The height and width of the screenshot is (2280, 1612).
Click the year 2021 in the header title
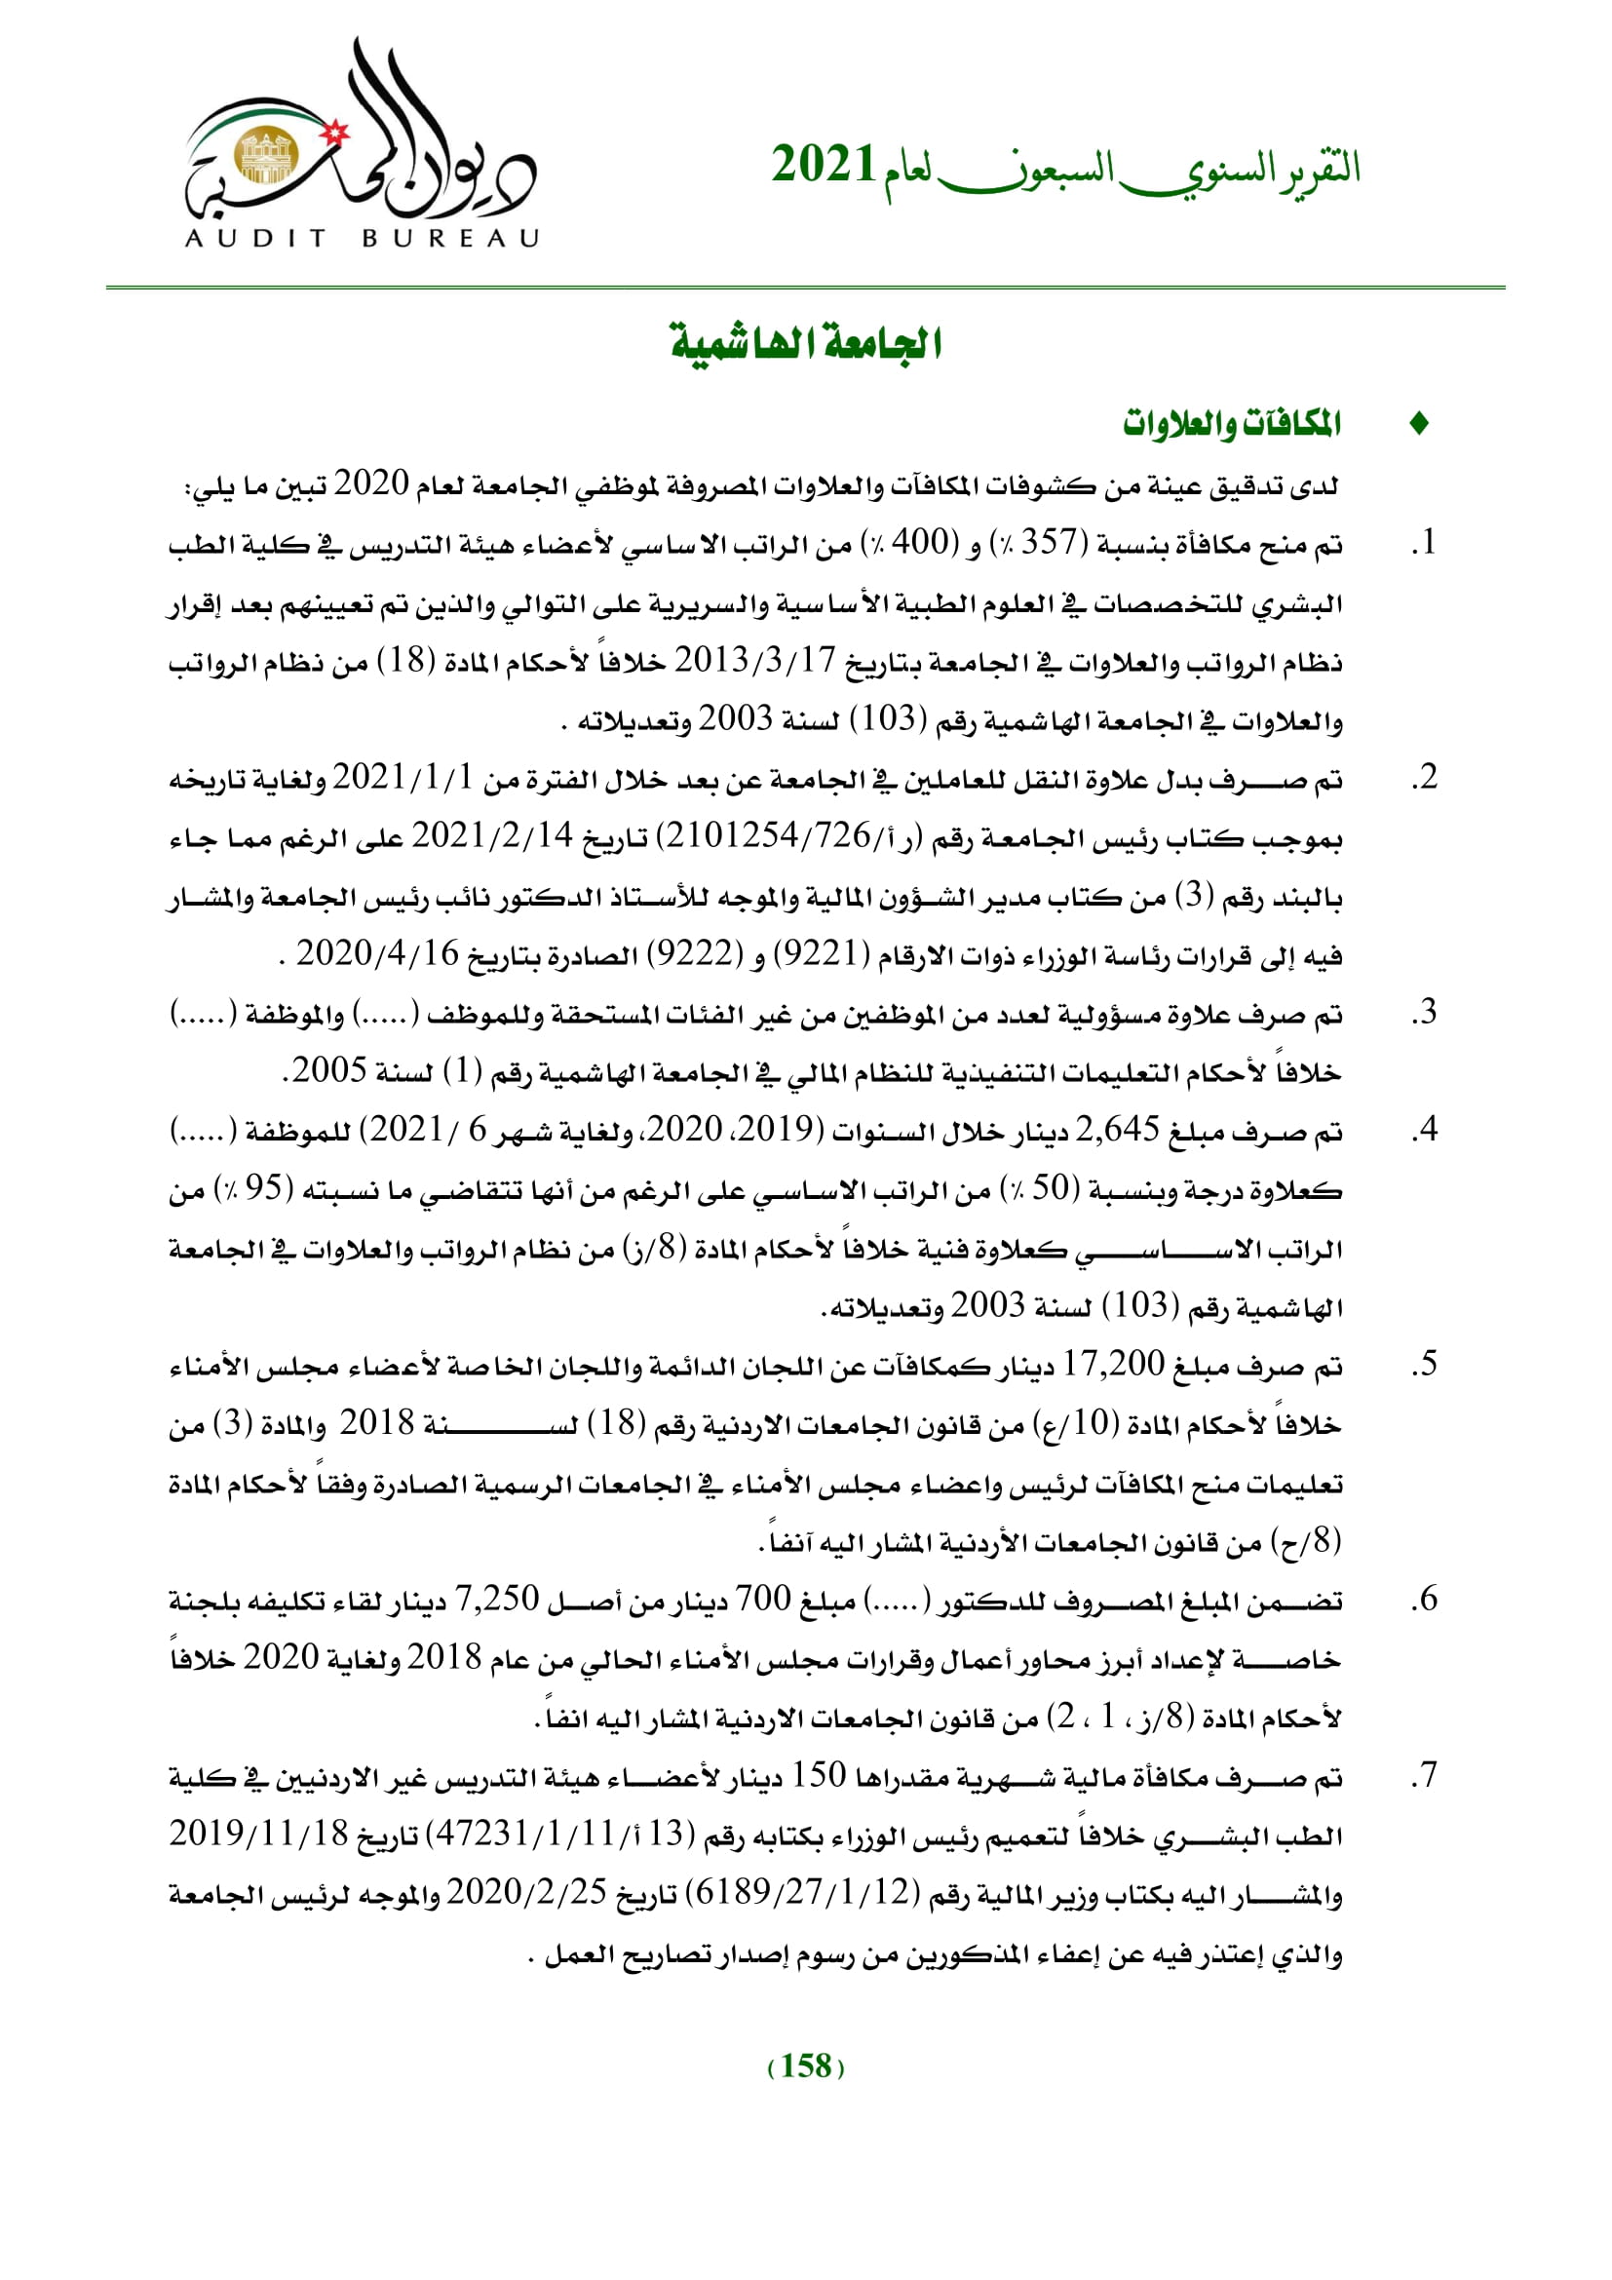(x=823, y=166)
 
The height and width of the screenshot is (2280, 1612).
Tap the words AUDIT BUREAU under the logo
(x=362, y=238)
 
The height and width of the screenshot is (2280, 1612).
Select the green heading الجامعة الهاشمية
(x=806, y=344)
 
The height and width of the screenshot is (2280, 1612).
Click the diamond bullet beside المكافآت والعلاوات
(x=1419, y=424)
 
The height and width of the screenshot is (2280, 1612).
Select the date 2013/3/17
(x=755, y=659)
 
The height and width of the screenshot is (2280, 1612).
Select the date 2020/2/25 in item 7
(x=526, y=1892)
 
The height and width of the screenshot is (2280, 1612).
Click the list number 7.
(x=1426, y=1774)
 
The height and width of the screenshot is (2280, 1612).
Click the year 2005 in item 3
(x=329, y=1070)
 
